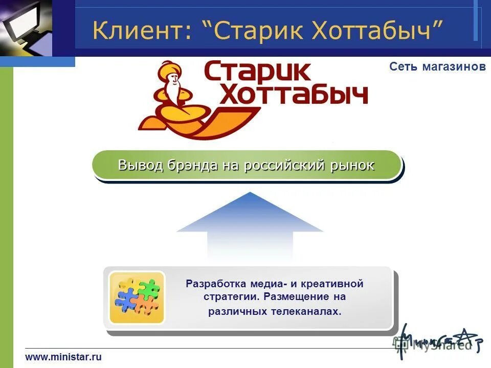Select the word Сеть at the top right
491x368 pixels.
click(404, 66)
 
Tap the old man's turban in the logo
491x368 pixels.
click(171, 69)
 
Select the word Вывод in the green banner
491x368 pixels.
click(138, 165)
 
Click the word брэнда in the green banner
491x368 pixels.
click(190, 165)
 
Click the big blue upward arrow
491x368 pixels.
click(250, 225)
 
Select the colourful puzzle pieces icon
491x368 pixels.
click(137, 297)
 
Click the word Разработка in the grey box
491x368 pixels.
click(216, 284)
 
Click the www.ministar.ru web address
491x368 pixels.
click(63, 357)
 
